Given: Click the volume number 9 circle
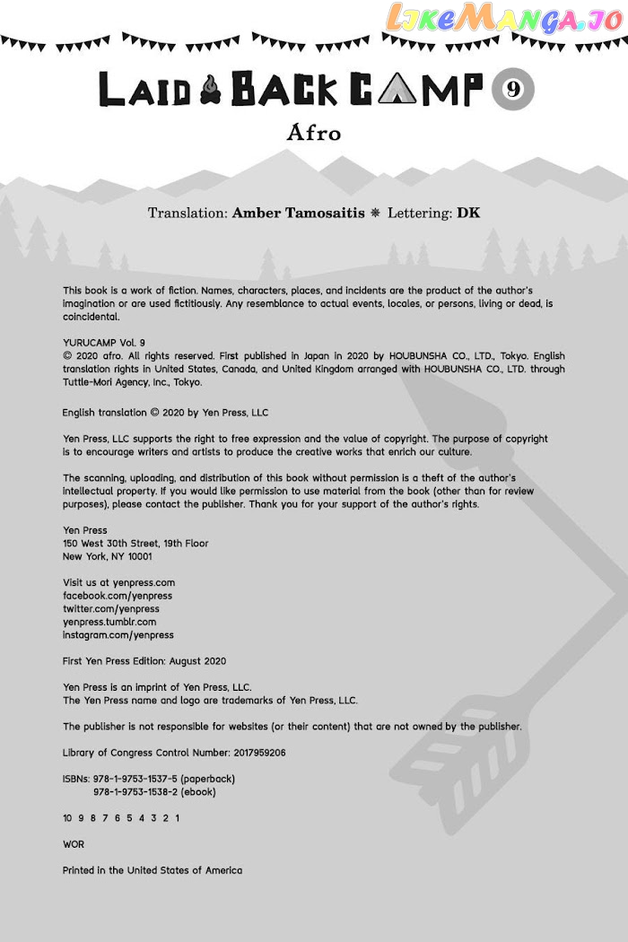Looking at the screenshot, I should coord(513,89).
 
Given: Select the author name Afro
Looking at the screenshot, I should coord(314,133).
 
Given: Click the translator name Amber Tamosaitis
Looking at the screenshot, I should coord(299,213).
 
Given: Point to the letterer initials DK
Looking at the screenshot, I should coord(468,213).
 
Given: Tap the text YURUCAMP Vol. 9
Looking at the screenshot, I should coord(104,343).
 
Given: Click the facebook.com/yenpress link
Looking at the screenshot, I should coord(118,596).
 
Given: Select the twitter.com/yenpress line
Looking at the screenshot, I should coord(111,608).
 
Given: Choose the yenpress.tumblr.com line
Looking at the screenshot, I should coord(109,622).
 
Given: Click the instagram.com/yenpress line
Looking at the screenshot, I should coord(118,635).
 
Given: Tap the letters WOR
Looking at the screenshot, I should coord(74,844).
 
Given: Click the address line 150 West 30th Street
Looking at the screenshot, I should coord(135,544).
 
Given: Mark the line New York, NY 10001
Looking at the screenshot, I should coord(108,556).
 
